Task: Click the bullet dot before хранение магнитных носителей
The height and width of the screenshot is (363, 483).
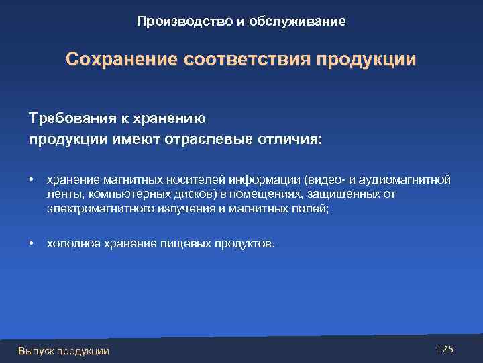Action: [x=32, y=180]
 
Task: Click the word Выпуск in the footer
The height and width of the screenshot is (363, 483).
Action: [x=36, y=350]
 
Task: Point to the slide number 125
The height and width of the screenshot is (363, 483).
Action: [x=445, y=348]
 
